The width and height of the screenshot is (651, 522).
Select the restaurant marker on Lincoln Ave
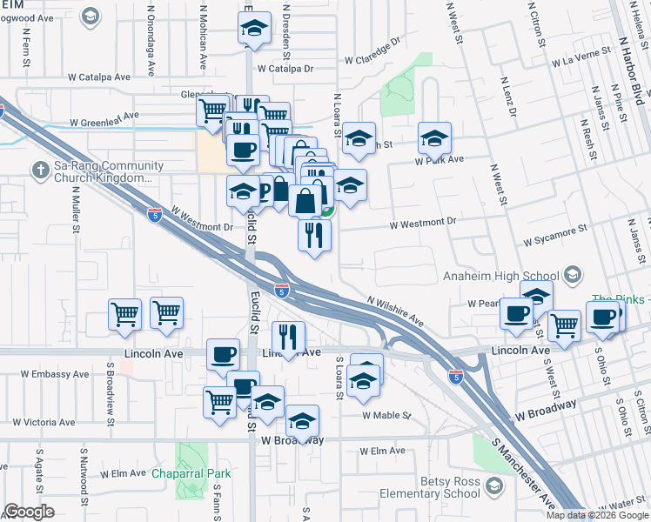click(287, 336)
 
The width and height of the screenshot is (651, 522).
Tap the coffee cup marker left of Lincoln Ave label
click(222, 354)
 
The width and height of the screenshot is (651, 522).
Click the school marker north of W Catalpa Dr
click(253, 28)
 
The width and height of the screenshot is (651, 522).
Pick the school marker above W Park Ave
click(434, 137)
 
